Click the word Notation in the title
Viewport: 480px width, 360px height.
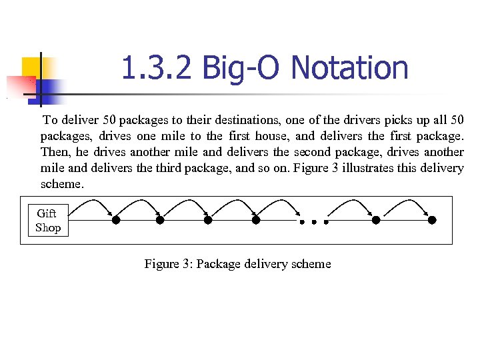pyautogui.click(x=350, y=68)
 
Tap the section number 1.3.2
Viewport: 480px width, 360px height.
pyautogui.click(x=157, y=68)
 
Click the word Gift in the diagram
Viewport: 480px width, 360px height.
pyautogui.click(x=47, y=213)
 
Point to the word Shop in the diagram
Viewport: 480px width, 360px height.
pyautogui.click(x=48, y=228)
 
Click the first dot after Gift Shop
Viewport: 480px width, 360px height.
pyautogui.click(x=116, y=220)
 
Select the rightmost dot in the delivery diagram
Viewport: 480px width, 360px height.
pyautogui.click(x=432, y=220)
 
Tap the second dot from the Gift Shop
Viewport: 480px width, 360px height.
pyautogui.click(x=160, y=220)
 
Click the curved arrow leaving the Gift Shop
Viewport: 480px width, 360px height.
pyautogui.click(x=93, y=204)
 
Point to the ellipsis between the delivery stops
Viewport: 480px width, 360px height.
pyautogui.click(x=312, y=221)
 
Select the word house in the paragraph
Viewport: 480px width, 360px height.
pyautogui.click(x=273, y=137)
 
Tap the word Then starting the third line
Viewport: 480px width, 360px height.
pyautogui.click(x=53, y=153)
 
